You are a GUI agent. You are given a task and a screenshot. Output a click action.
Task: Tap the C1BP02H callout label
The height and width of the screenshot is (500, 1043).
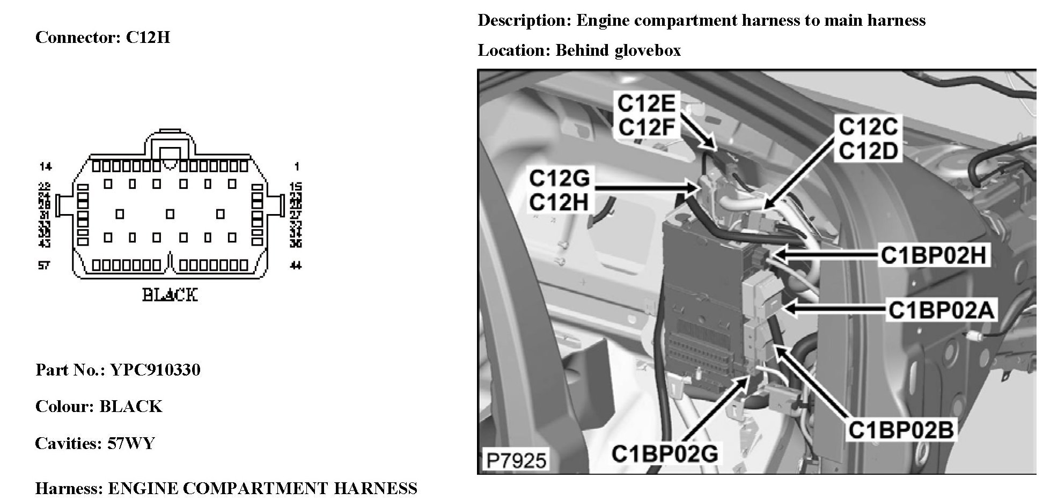tap(933, 255)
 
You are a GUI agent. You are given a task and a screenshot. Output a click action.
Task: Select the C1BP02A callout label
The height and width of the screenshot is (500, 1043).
tap(941, 310)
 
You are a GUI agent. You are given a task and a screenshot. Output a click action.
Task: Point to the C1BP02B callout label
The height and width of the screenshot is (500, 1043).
tap(901, 430)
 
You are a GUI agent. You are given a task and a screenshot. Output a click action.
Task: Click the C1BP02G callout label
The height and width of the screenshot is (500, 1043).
tap(664, 454)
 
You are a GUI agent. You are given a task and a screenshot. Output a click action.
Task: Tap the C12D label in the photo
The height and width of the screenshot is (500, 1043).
tap(868, 151)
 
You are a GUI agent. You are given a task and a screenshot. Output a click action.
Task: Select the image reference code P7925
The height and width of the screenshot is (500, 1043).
tap(516, 460)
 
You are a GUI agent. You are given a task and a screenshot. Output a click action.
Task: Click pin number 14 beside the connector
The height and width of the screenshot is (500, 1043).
tap(45, 167)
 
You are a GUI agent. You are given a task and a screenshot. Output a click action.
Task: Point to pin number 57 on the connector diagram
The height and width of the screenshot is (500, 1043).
tap(44, 265)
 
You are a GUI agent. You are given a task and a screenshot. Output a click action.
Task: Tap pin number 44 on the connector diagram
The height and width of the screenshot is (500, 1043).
tap(295, 265)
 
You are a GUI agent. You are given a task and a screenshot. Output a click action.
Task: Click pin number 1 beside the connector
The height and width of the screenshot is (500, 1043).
tap(297, 167)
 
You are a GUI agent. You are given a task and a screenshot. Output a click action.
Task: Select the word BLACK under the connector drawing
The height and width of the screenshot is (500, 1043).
tap(170, 295)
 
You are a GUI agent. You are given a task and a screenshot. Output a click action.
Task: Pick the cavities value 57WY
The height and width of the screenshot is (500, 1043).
tap(131, 443)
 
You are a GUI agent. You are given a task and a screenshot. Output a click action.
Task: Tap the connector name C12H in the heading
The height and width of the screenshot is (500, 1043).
tap(148, 38)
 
